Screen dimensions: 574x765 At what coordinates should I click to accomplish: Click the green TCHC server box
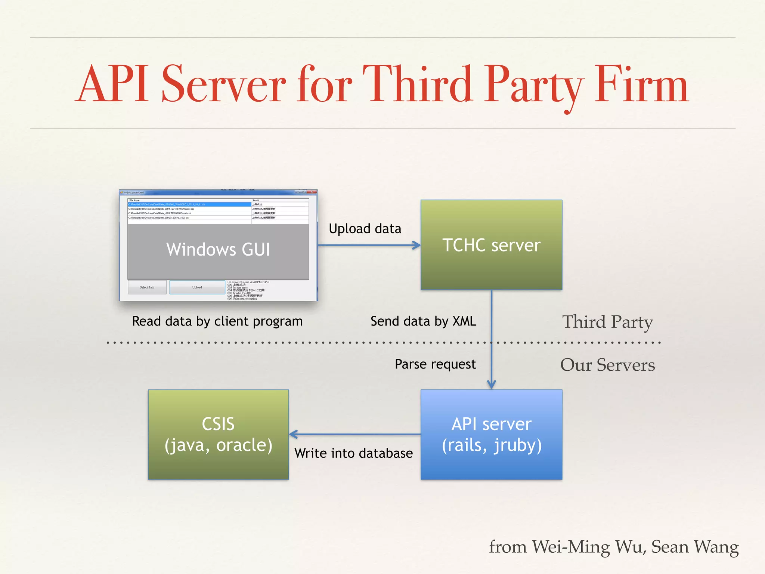pos(491,245)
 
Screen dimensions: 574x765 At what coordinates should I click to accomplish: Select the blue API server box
pos(491,434)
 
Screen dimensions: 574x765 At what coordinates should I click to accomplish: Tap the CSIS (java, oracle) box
pos(218,434)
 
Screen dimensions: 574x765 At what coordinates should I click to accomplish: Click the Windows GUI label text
pos(218,249)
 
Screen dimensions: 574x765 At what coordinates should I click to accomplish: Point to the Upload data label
pos(365,229)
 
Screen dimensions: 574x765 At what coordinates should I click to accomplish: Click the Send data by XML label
pos(423,321)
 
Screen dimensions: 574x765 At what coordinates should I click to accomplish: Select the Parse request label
pos(435,364)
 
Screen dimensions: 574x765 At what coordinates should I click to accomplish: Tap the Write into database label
pos(353,453)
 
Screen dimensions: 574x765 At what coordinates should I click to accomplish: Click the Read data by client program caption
pos(217,321)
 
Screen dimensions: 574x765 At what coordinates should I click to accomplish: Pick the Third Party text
pos(607,322)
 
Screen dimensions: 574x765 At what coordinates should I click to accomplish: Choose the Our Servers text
pos(607,365)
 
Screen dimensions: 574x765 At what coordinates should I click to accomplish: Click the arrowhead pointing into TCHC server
pos(416,245)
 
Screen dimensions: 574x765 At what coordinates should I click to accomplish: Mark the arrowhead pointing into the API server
pos(492,385)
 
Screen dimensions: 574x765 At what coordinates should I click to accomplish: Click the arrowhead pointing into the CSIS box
pos(294,434)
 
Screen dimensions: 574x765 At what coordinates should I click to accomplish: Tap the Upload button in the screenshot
pos(197,287)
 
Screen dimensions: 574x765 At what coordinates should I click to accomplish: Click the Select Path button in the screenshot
pos(147,287)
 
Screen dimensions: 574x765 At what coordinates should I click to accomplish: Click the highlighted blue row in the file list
pos(189,204)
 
